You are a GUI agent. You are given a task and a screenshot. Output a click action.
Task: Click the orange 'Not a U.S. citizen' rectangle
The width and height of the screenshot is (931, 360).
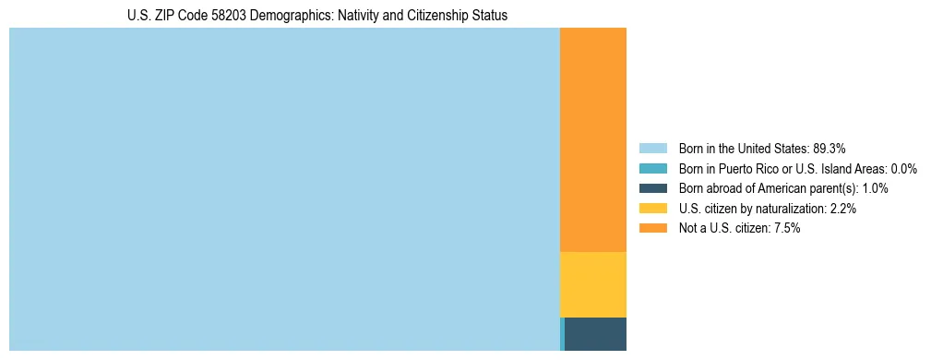592,138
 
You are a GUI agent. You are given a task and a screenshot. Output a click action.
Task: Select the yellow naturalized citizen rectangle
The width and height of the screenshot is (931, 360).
592,284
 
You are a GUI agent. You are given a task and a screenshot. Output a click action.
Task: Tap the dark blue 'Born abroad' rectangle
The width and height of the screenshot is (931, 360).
595,333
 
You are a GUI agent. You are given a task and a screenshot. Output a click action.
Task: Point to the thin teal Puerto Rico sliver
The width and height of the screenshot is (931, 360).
562,333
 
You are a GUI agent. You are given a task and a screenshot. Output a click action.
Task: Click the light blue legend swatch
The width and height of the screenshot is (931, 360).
652,148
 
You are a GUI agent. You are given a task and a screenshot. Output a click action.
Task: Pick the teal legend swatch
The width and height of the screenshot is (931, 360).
652,168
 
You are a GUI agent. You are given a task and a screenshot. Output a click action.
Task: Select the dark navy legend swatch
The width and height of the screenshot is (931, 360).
652,188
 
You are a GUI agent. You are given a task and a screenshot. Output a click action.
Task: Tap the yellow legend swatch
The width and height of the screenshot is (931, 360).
652,209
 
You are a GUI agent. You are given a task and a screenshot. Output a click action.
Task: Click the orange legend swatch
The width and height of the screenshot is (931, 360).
652,228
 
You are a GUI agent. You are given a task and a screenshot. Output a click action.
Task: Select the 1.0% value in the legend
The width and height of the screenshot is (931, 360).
875,188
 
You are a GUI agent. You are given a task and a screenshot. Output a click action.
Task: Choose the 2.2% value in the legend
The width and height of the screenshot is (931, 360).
842,209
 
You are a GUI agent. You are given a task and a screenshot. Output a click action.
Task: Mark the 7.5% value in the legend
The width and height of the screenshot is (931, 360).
786,228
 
